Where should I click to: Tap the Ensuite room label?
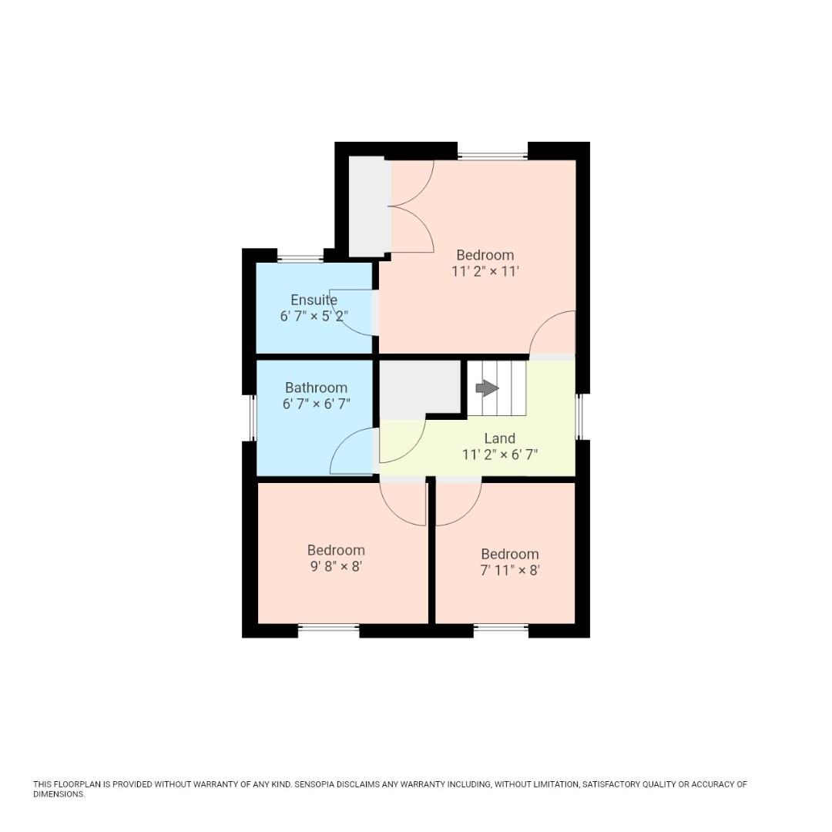[x=314, y=300]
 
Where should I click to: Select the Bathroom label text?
[x=316, y=387]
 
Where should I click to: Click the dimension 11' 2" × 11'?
[x=485, y=271]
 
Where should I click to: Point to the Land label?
[x=499, y=438]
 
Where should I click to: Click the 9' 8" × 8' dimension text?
[x=336, y=566]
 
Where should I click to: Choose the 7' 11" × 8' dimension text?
[x=510, y=570]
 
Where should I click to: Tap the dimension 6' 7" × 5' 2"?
[x=314, y=316]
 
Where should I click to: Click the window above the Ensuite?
[x=300, y=259]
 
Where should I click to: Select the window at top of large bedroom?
[x=492, y=156]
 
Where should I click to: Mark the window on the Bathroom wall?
[x=252, y=417]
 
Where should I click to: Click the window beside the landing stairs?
[x=581, y=416]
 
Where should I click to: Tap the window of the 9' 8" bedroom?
[x=328, y=628]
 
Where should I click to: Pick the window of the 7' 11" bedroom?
[x=501, y=628]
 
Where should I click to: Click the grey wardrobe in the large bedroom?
[x=367, y=206]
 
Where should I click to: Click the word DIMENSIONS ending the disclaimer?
[x=59, y=794]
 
